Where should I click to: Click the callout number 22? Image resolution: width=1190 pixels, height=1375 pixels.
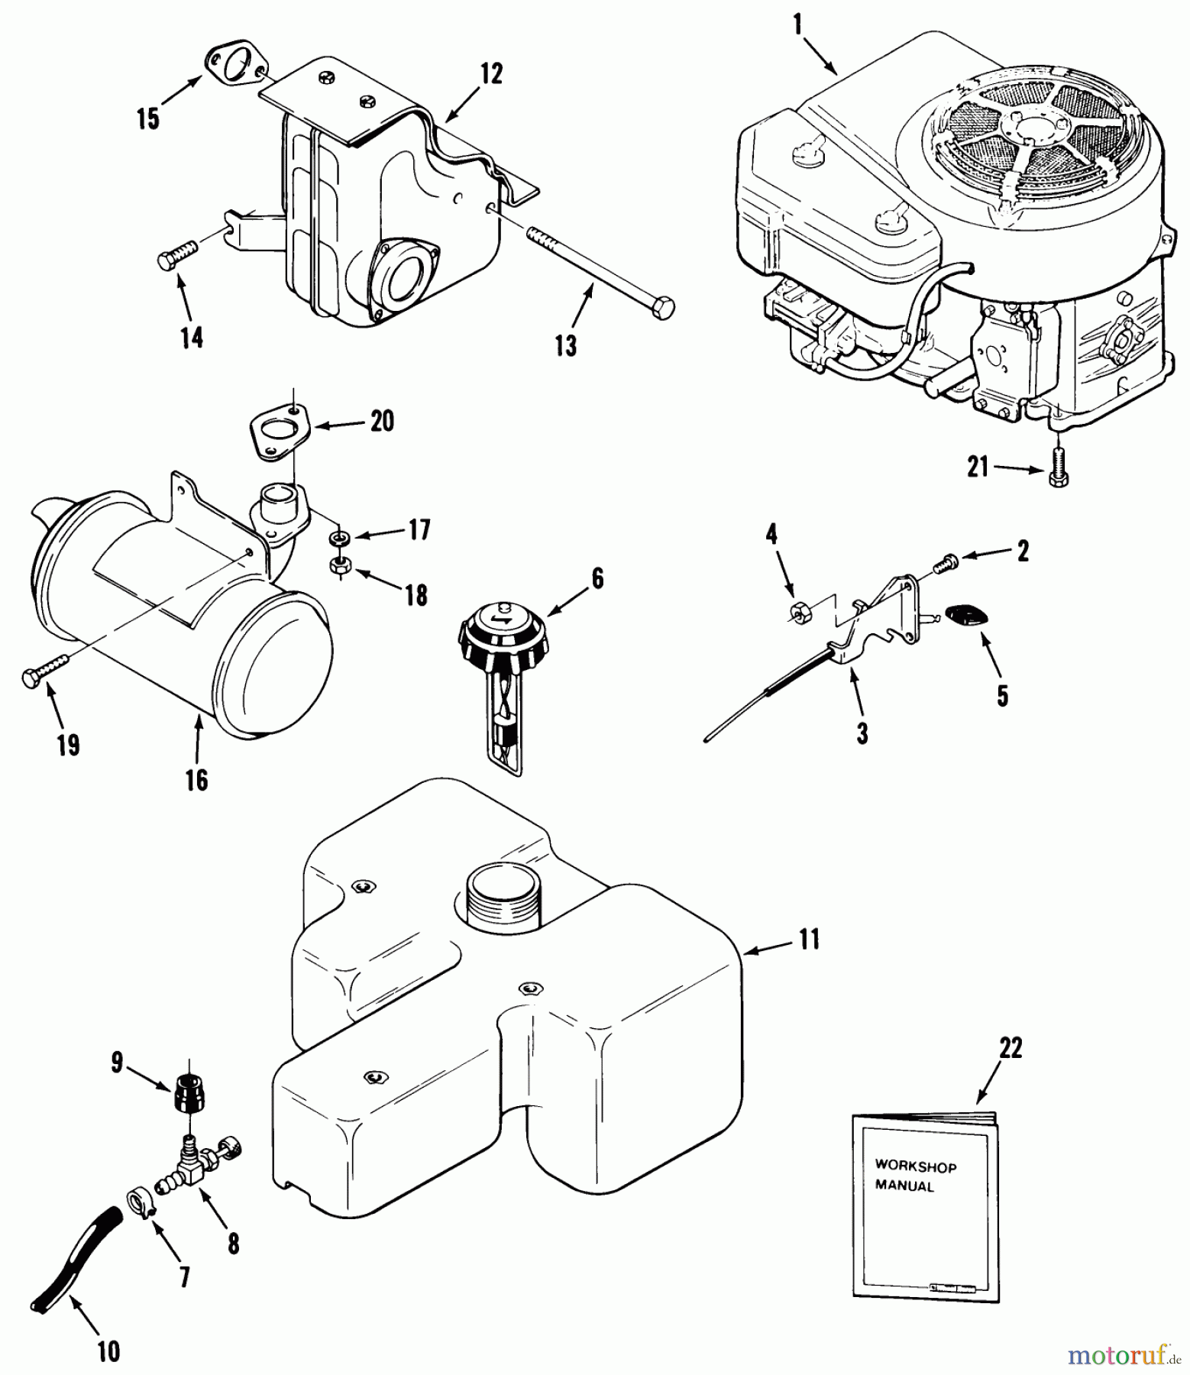(1010, 1048)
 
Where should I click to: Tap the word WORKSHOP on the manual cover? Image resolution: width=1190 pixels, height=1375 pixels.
(915, 1166)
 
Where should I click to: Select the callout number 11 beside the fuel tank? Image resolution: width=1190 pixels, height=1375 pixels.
(809, 938)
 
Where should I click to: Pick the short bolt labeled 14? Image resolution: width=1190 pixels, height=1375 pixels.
(176, 255)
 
